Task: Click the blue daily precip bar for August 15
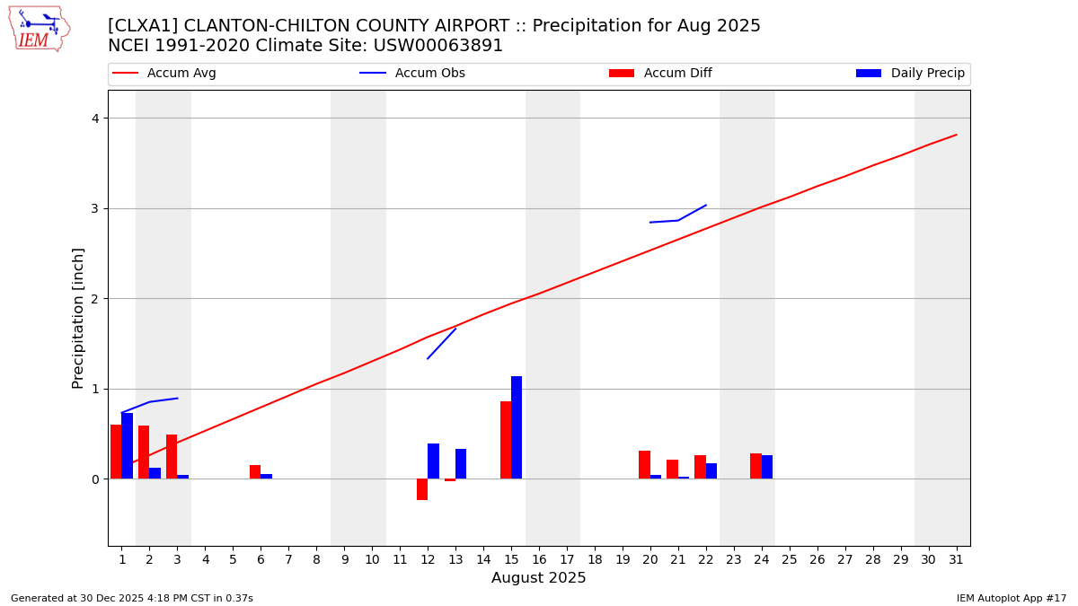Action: pos(517,427)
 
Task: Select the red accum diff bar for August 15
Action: pos(506,440)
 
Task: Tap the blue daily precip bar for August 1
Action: pos(128,445)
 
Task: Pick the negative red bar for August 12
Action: pos(422,489)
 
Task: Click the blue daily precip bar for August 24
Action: pos(767,467)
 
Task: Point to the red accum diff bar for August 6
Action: pos(255,471)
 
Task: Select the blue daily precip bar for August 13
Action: pos(461,463)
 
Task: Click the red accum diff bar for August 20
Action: pos(644,464)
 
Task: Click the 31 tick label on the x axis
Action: pos(956,559)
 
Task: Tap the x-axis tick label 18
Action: pos(595,559)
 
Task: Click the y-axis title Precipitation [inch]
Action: pos(78,318)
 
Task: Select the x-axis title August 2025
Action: pos(539,578)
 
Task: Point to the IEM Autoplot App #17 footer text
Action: pos(1012,598)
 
